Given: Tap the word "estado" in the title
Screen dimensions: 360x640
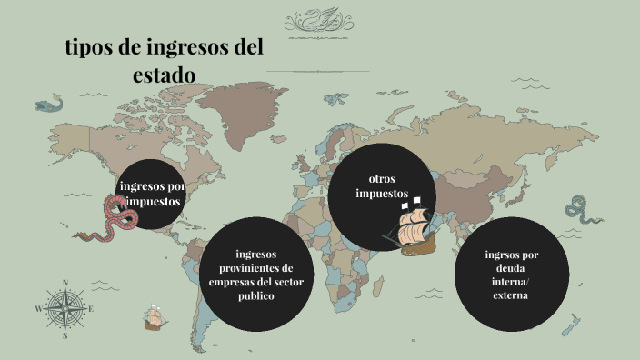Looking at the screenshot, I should (x=164, y=75).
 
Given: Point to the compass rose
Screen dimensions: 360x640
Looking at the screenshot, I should (x=65, y=308).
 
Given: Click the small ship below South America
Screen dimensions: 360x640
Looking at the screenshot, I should (x=154, y=318).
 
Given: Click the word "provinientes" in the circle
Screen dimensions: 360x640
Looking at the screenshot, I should (x=256, y=268).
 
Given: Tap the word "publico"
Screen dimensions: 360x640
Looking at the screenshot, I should (x=256, y=296).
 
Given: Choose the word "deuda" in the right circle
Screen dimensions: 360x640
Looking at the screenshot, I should (x=511, y=269).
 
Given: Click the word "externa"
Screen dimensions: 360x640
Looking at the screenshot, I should (x=511, y=296).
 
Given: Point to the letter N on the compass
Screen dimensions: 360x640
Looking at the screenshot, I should (x=65, y=283).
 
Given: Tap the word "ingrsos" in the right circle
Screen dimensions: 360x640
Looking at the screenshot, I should (x=511, y=255).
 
